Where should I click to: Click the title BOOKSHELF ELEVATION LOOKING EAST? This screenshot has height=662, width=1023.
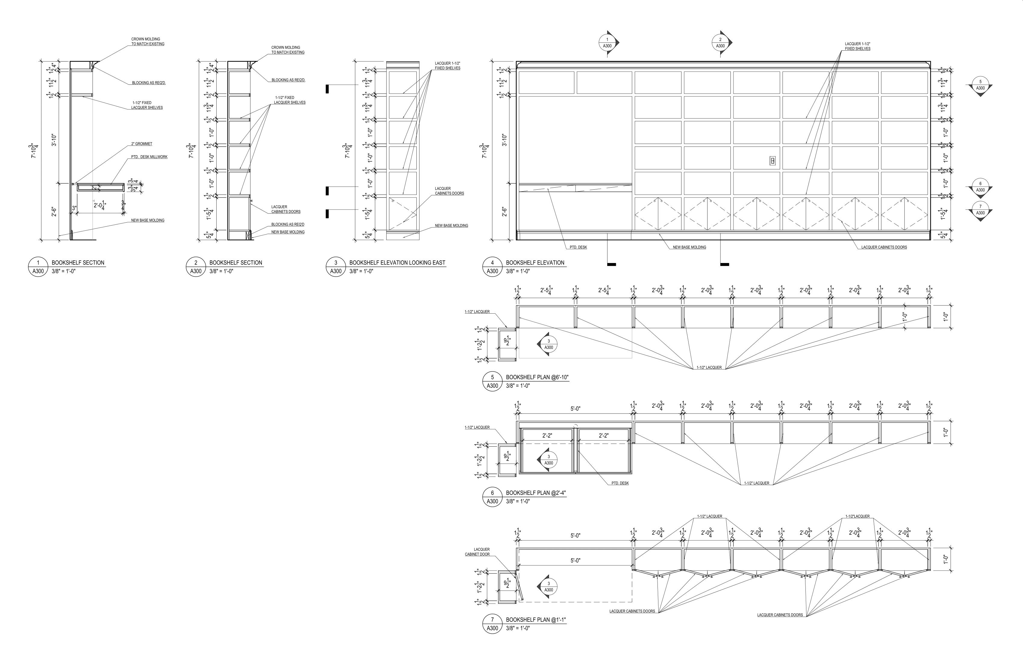point(397,263)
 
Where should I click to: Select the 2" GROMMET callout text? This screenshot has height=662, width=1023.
point(142,144)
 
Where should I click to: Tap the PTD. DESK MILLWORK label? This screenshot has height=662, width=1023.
point(149,157)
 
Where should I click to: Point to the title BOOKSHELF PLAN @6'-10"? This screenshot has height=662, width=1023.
point(537,377)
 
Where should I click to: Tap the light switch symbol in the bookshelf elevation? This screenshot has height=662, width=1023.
point(773,161)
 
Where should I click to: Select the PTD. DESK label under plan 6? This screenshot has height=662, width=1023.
point(620,483)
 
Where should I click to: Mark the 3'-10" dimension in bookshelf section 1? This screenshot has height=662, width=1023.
point(55,140)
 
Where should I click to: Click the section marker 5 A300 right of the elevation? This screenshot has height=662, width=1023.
point(980,86)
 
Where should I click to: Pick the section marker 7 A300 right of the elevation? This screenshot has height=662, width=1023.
point(980,211)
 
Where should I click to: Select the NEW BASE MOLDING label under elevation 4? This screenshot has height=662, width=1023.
point(689,247)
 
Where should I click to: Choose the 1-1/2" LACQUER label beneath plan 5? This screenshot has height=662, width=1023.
point(709,368)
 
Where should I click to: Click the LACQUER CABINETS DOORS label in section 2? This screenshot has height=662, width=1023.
point(286,209)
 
